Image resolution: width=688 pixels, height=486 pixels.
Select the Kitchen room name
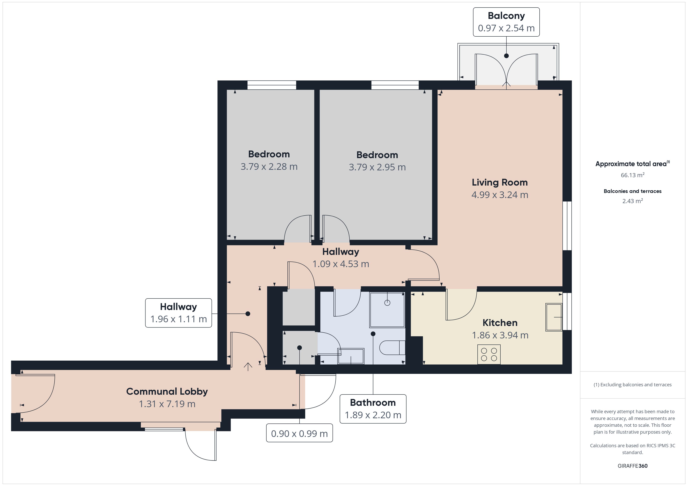pyautogui.click(x=500, y=323)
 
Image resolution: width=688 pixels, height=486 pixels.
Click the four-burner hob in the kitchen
pyautogui.click(x=489, y=355)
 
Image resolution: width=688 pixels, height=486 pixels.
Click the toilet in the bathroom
pyautogui.click(x=392, y=348)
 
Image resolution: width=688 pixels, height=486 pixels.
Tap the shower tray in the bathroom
pyautogui.click(x=387, y=310)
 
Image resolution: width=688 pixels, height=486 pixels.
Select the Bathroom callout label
pyautogui.click(x=373, y=409)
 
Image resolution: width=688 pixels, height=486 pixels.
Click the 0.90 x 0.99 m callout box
pyautogui.click(x=299, y=433)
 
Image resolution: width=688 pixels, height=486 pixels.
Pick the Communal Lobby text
pyautogui.click(x=167, y=391)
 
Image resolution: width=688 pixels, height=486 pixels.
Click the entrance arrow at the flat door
pyautogui.click(x=248, y=367)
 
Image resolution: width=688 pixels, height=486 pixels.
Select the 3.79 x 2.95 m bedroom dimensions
pyautogui.click(x=377, y=167)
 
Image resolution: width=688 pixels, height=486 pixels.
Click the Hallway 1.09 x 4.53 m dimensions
pyautogui.click(x=341, y=264)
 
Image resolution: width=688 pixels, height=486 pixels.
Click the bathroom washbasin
pyautogui.click(x=351, y=356)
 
